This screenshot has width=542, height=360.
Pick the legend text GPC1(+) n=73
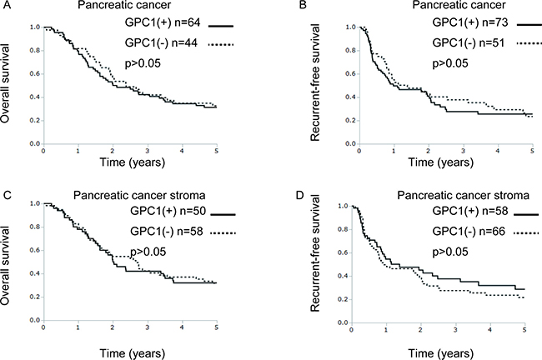click(431, 26)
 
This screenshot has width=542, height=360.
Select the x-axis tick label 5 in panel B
click(532, 152)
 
